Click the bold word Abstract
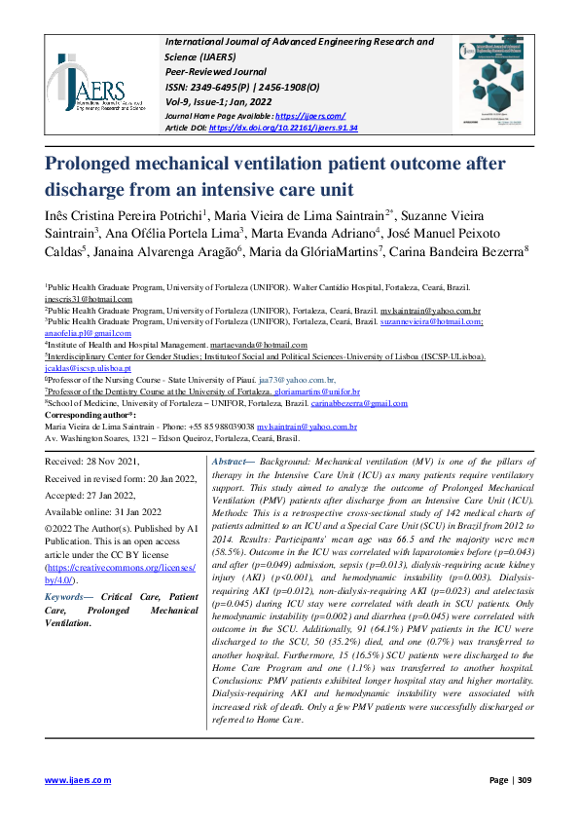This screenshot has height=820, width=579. (x=230, y=459)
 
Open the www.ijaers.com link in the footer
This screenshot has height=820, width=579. (x=79, y=779)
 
